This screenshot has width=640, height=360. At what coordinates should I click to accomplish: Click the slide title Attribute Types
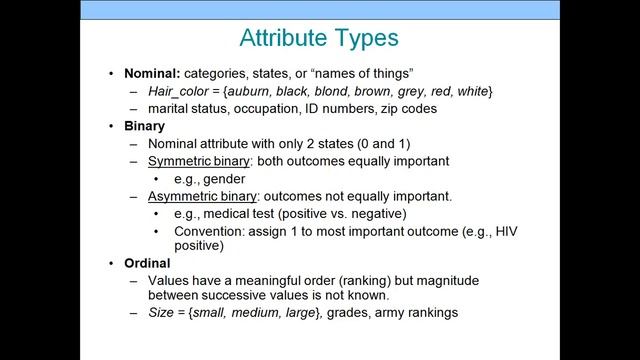click(319, 39)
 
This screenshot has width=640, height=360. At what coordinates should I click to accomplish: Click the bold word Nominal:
click(154, 74)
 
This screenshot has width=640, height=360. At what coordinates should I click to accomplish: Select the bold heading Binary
click(144, 127)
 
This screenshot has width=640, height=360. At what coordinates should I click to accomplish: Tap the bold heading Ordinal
click(147, 263)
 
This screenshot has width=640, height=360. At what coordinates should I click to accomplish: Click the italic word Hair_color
click(178, 91)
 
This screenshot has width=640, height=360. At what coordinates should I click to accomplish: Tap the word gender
click(224, 178)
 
